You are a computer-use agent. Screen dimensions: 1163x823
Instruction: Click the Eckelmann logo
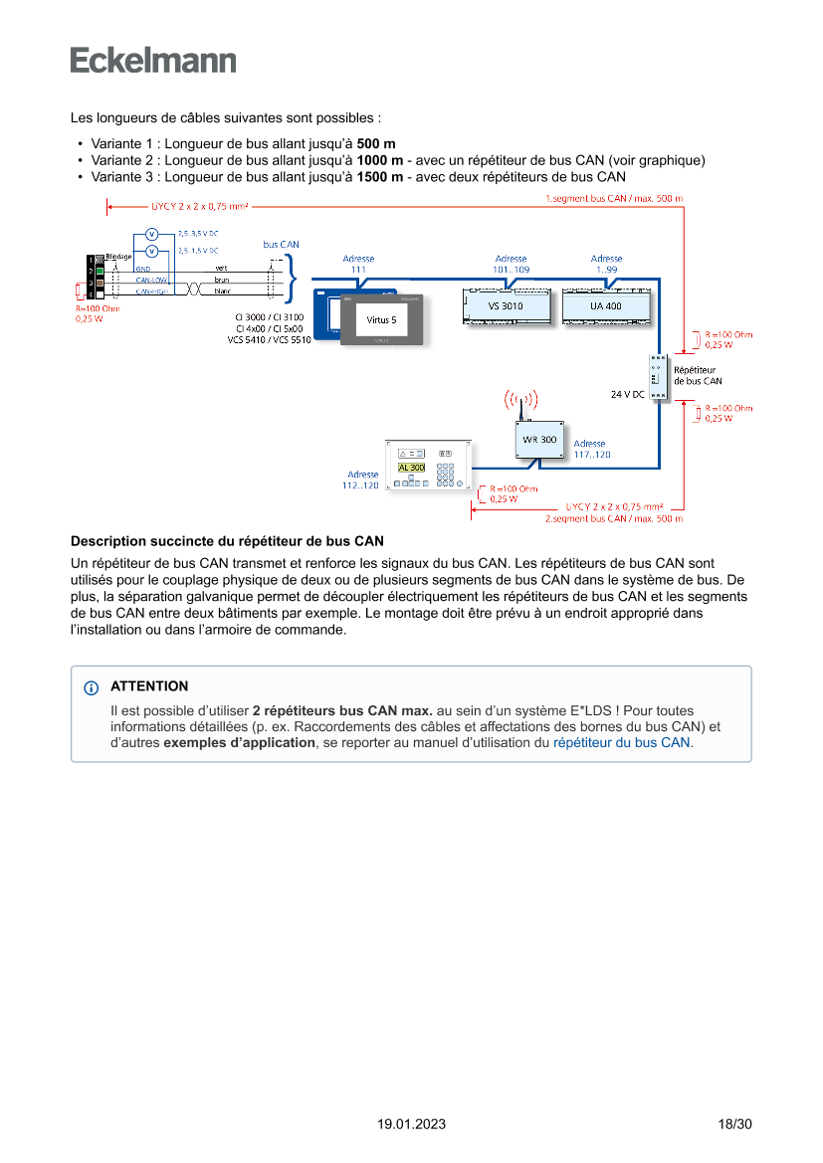pyautogui.click(x=153, y=61)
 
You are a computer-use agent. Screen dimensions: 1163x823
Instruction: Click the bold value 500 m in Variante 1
pyautogui.click(x=376, y=144)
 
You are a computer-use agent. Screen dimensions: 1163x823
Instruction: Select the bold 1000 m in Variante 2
pyautogui.click(x=380, y=160)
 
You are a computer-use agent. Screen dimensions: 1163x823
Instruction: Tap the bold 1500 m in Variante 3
pyautogui.click(x=380, y=177)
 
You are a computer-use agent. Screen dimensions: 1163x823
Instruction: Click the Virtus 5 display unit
pyautogui.click(x=381, y=319)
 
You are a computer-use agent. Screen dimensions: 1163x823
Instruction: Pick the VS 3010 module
pyautogui.click(x=505, y=306)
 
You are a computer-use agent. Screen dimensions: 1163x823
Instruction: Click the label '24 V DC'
pyautogui.click(x=627, y=395)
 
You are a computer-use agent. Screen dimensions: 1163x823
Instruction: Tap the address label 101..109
pyautogui.click(x=511, y=269)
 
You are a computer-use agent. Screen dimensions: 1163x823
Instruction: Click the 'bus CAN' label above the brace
pyautogui.click(x=281, y=244)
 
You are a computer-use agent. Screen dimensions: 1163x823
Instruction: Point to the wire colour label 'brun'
pyautogui.click(x=221, y=280)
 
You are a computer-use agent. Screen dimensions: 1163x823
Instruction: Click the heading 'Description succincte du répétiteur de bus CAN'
pyautogui.click(x=227, y=542)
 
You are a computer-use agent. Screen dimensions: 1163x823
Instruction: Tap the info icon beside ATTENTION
pyautogui.click(x=92, y=687)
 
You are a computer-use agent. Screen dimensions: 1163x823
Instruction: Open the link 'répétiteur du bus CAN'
pyautogui.click(x=621, y=742)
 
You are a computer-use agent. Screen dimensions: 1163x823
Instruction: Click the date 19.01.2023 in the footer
pyautogui.click(x=411, y=1124)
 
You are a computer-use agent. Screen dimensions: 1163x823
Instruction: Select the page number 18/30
pyautogui.click(x=734, y=1124)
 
